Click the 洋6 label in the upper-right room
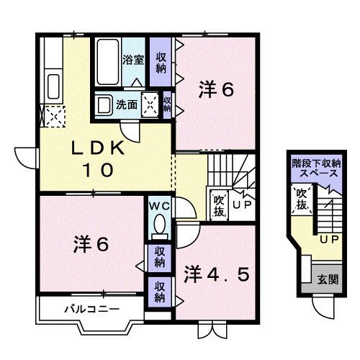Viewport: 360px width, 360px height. coord(216,90)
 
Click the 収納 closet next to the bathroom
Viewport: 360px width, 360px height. coord(160,61)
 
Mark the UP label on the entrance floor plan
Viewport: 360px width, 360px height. coord(328,239)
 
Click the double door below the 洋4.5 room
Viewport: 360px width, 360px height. coord(207,330)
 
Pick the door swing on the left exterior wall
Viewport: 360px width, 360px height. coord(23,157)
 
